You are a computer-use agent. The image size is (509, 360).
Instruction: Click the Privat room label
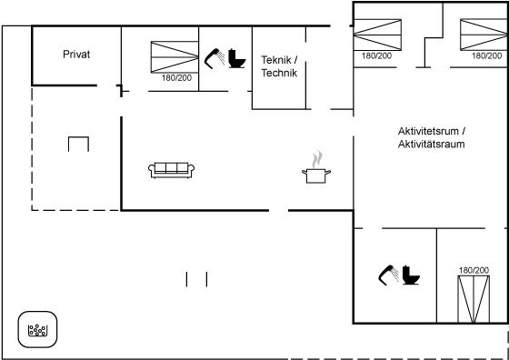pos(76,55)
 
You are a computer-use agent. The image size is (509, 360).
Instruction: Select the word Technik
pos(279,73)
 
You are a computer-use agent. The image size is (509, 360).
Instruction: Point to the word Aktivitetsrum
pos(428,132)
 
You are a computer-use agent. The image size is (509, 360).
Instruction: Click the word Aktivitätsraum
pos(432,145)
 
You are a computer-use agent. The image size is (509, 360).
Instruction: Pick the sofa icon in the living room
pos(172,170)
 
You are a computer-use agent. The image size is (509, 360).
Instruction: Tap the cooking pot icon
pos(316,176)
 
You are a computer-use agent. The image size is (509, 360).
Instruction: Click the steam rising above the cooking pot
pos(317,159)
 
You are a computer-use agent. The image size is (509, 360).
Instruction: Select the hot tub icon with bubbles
pos(37,329)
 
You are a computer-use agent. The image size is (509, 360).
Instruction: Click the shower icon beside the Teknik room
pos(215,58)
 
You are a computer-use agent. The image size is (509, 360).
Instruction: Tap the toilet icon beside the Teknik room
pos(236,58)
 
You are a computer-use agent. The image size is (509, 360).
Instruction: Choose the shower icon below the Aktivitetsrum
pos(389,275)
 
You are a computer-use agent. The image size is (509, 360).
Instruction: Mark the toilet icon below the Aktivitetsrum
pos(411,275)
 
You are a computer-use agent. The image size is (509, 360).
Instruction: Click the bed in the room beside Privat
pos(175,57)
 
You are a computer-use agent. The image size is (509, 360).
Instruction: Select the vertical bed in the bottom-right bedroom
pos(474,299)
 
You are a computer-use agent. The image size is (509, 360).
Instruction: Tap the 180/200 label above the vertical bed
pos(474,270)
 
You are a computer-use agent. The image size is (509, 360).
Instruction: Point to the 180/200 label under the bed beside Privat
pos(176,78)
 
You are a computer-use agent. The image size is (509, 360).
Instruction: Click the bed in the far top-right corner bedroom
pos(484,35)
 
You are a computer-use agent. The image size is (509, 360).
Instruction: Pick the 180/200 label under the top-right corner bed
pos(486,55)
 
